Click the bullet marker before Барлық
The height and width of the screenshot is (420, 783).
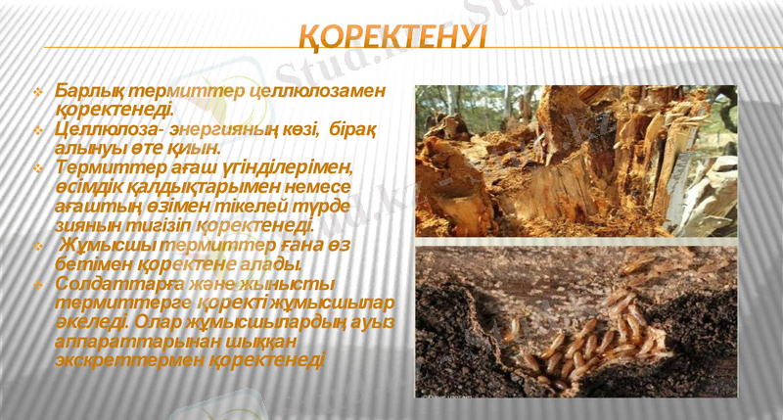coord(38,92)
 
